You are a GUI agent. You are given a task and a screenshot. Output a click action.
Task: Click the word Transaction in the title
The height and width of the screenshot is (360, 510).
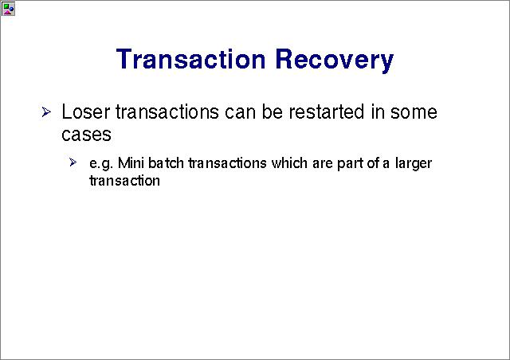click(190, 59)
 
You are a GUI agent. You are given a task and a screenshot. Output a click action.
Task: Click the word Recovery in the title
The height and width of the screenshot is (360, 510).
click(335, 61)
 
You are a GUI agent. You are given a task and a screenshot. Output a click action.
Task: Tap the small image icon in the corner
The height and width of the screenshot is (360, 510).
click(8, 9)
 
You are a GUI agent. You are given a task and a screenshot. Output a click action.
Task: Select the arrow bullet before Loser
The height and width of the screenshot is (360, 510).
click(46, 112)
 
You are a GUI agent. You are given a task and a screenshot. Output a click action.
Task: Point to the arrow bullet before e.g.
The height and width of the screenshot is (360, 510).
click(73, 162)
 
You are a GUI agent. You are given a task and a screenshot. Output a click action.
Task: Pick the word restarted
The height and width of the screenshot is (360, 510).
click(326, 112)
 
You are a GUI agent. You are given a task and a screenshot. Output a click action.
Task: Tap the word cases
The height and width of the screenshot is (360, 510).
click(86, 135)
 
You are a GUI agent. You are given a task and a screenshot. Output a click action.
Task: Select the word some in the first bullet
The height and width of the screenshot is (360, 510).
click(414, 112)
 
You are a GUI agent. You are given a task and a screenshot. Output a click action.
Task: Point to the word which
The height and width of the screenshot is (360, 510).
click(289, 163)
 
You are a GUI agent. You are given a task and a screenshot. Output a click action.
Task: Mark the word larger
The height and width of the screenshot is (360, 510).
click(414, 164)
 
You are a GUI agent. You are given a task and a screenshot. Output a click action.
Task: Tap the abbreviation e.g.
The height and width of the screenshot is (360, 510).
click(101, 164)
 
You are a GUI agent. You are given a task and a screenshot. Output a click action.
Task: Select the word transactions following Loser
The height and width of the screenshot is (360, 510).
click(167, 112)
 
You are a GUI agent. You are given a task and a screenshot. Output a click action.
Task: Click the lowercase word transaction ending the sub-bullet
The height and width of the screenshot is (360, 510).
click(124, 181)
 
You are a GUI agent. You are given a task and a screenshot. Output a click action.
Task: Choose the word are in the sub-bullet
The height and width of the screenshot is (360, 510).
click(322, 164)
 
